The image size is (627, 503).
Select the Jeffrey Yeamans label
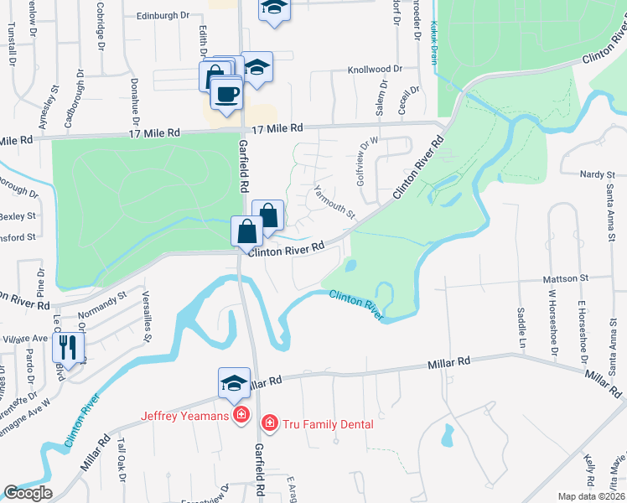pos(184,414)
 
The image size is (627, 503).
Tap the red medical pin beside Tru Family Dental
pos(270,423)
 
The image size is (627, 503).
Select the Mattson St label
pos(566,277)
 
